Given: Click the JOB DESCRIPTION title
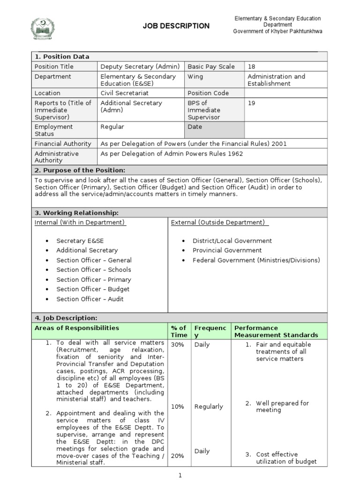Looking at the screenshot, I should click(x=176, y=26).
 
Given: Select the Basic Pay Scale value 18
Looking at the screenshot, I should click(x=252, y=67).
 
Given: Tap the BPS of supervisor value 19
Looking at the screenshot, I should click(x=252, y=103).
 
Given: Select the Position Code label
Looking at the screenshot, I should click(x=208, y=93).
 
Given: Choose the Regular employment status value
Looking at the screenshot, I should click(x=112, y=127).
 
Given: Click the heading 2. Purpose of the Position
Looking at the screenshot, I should click(x=80, y=170).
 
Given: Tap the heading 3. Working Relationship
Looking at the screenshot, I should click(x=77, y=213).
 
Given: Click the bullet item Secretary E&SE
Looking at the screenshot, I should click(x=80, y=241).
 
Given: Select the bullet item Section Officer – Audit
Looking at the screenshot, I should click(x=90, y=299).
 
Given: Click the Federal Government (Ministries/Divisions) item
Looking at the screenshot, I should click(x=256, y=260).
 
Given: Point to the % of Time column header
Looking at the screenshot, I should click(x=179, y=331).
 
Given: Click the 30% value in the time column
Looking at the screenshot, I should click(x=178, y=345).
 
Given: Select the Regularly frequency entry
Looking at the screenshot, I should click(x=209, y=407).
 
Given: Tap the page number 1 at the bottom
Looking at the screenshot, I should click(x=179, y=475).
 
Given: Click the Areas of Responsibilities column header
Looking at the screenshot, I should click(x=77, y=328).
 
